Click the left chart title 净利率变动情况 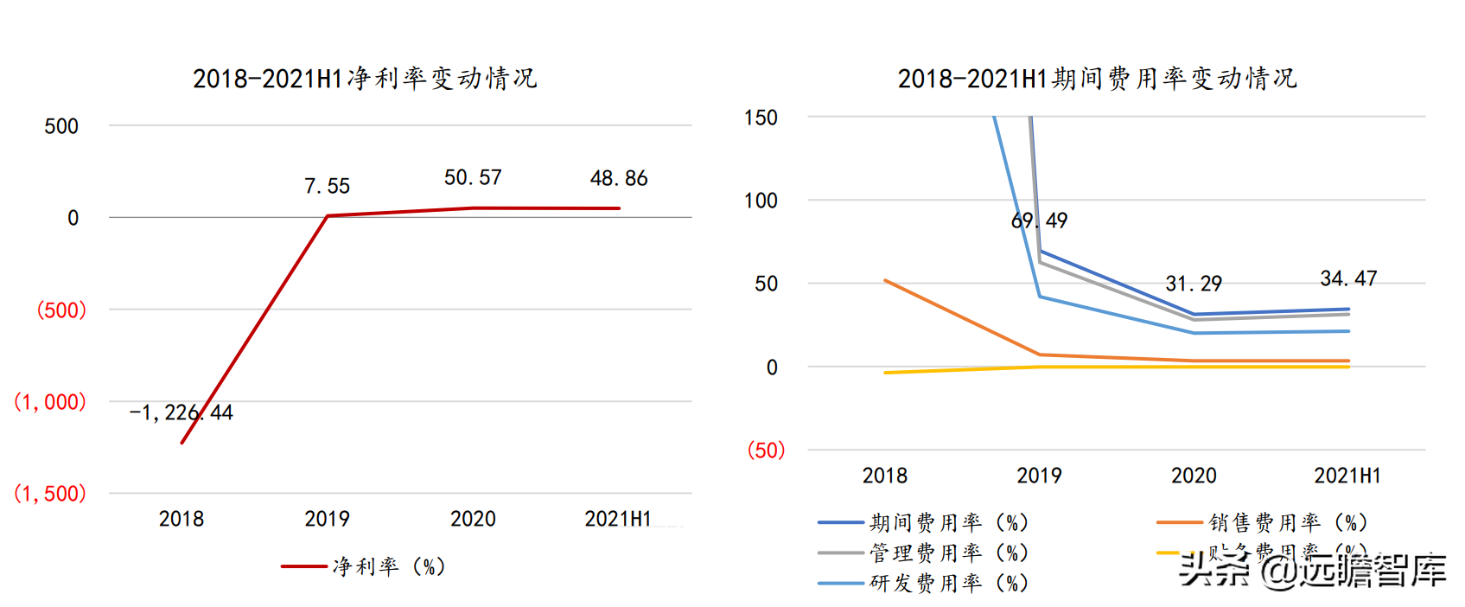(365, 79)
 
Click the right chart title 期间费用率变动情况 (1097, 79)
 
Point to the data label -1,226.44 (182, 412)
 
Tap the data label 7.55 (327, 186)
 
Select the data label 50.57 (473, 177)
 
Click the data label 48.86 (619, 178)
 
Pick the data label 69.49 (1039, 220)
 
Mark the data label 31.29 (1194, 284)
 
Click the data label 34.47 (1348, 278)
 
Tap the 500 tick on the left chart (61, 126)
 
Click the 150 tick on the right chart (761, 118)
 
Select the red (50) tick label (766, 450)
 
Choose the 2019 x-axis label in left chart (327, 519)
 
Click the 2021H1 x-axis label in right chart (1347, 476)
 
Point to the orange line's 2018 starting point (885, 280)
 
